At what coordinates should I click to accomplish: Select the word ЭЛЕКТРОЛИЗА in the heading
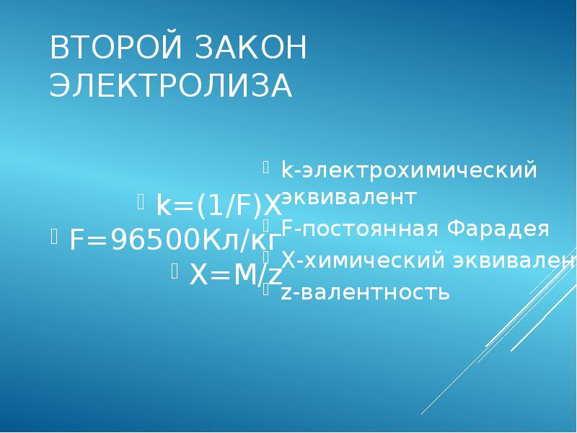[171, 86]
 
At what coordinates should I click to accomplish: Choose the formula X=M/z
[236, 274]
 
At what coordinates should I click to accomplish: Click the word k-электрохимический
[409, 170]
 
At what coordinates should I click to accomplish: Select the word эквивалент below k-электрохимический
[349, 196]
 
